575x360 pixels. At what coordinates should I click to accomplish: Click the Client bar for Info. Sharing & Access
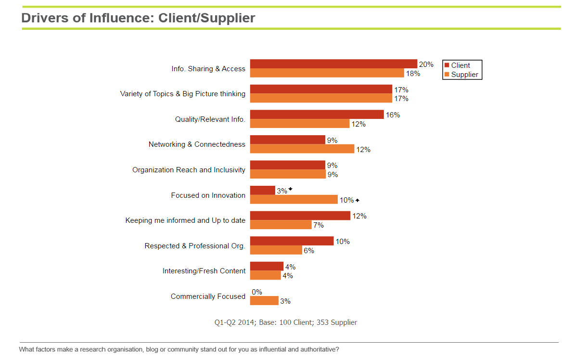333,64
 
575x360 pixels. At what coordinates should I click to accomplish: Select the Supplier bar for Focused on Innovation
294,200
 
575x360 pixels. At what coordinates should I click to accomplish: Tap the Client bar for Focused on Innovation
262,191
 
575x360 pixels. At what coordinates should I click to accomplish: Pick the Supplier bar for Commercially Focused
264,301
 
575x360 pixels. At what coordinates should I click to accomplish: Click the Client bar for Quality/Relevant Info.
317,115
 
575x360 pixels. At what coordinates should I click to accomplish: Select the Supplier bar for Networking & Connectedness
302,149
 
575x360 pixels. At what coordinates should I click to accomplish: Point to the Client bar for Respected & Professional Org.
292,241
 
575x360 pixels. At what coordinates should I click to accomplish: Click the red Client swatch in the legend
447,65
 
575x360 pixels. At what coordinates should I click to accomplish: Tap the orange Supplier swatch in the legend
447,75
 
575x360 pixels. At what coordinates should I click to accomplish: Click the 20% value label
426,64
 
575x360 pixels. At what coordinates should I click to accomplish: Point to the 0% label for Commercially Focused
257,292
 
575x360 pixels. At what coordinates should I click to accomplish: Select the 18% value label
413,73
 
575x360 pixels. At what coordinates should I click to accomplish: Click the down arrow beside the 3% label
291,189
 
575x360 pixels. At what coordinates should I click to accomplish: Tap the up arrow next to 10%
358,200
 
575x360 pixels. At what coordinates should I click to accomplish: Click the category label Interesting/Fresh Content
204,271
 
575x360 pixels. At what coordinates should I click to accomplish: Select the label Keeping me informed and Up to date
185,220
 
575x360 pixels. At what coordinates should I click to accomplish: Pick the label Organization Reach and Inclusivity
189,170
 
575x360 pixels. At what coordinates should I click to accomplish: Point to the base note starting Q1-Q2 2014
286,322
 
